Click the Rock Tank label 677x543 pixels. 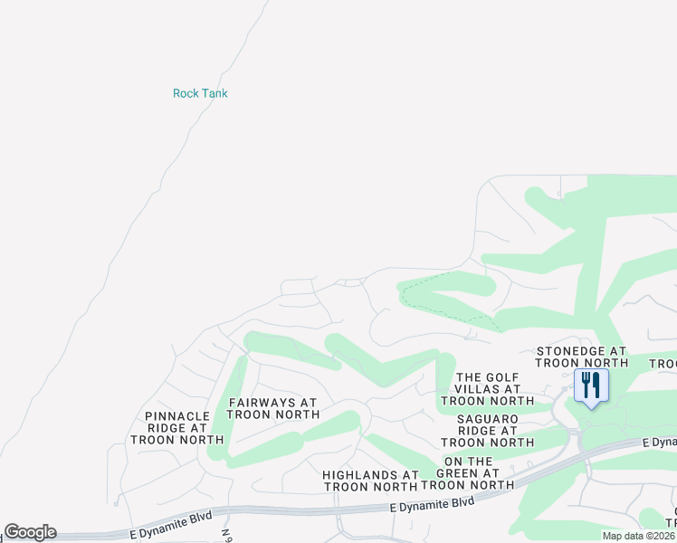click(x=200, y=93)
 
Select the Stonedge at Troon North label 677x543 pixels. click(x=582, y=357)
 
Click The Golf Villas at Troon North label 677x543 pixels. click(x=488, y=389)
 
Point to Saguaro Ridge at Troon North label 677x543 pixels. click(x=488, y=431)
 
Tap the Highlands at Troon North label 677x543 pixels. click(x=371, y=481)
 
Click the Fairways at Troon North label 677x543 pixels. click(x=273, y=408)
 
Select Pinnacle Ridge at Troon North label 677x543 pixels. click(x=177, y=428)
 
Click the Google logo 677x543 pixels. click(x=31, y=532)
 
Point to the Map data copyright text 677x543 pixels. click(x=639, y=536)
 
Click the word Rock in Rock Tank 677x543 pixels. click(x=186, y=93)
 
